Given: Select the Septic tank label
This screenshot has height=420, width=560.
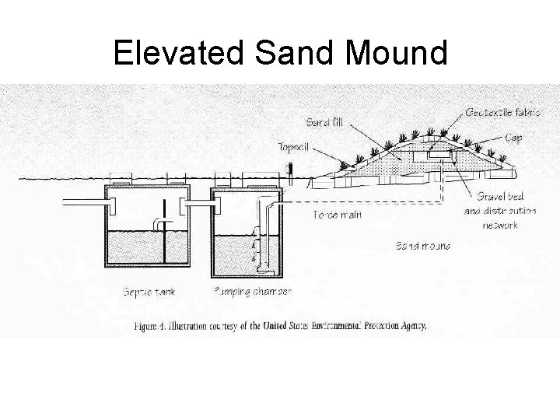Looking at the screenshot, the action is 149,292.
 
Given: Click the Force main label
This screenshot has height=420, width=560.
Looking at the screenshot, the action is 337,214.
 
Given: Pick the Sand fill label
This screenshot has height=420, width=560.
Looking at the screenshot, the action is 323,122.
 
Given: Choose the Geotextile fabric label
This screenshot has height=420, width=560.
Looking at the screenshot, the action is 502,112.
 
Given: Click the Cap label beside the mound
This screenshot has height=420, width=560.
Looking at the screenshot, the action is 513,138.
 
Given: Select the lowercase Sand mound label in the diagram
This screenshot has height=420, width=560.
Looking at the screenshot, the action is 423,247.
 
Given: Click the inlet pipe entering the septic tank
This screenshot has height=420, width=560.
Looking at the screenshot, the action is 82,204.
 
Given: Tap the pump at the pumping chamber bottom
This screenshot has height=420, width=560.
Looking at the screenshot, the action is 264,269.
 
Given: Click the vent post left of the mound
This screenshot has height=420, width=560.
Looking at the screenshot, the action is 289,173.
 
